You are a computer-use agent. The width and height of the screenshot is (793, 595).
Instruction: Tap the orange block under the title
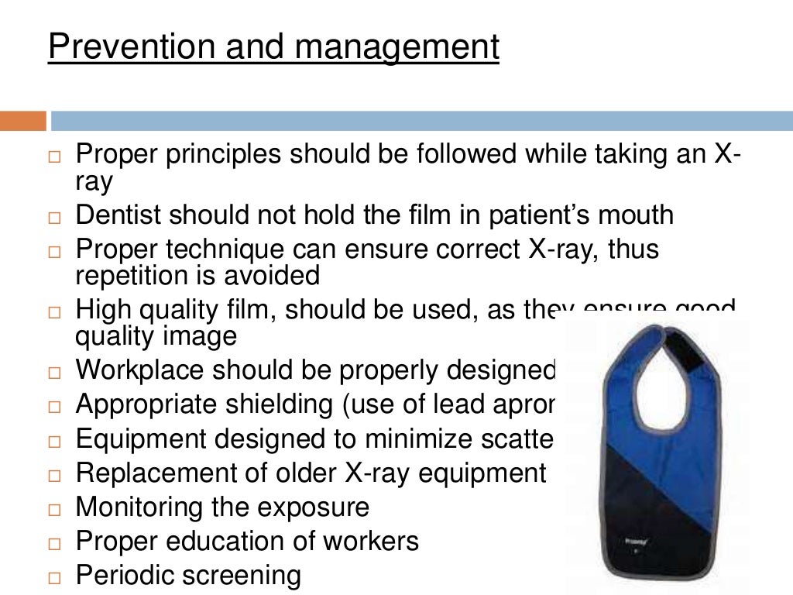click(22, 121)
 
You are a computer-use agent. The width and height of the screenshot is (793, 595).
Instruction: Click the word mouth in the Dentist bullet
click(636, 215)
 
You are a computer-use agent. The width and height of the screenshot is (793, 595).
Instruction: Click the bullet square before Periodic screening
click(53, 578)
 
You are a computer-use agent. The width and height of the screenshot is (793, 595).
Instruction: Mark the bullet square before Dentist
click(53, 218)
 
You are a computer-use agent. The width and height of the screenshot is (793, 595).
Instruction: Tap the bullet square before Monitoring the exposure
click(53, 510)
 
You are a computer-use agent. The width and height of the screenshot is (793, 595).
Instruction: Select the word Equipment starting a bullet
click(142, 439)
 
